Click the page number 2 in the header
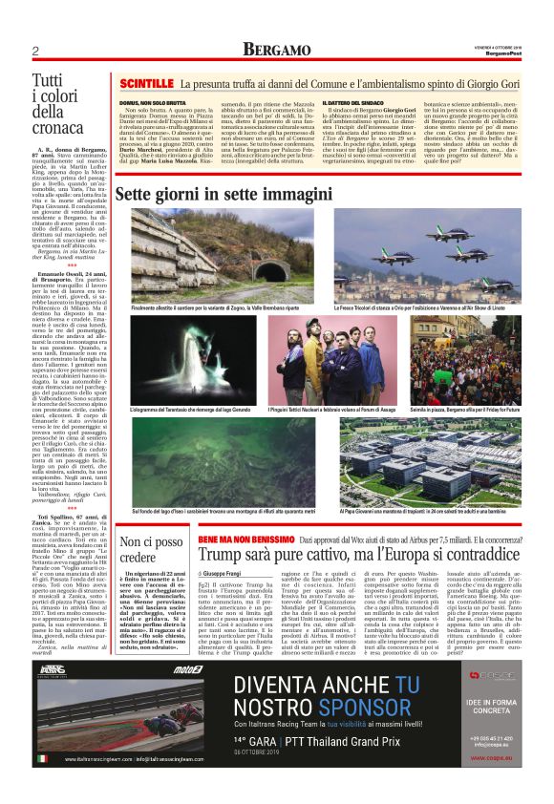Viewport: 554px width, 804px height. tap(34, 50)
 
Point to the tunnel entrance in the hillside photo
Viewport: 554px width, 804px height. tap(270, 268)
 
